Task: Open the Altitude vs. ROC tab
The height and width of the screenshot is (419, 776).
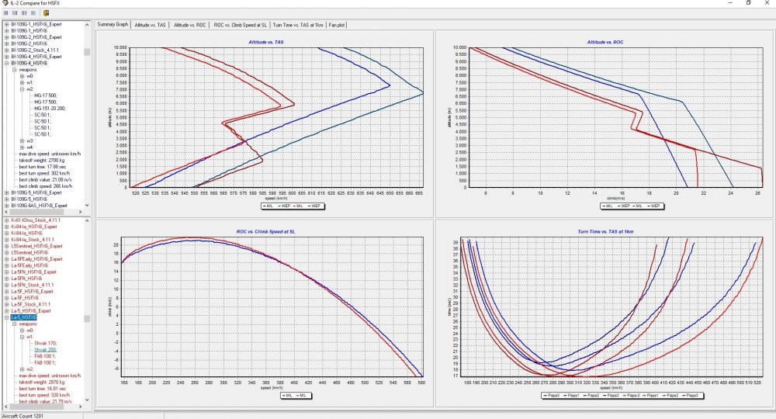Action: pos(190,25)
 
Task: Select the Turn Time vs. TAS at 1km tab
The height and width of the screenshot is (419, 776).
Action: pos(298,25)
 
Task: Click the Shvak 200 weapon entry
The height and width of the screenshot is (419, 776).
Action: pos(46,350)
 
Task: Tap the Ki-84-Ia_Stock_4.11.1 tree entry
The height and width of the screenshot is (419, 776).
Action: pos(35,240)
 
